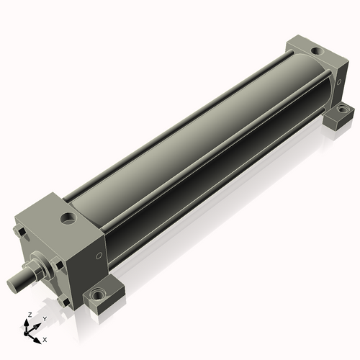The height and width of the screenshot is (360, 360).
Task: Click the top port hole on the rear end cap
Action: [315, 52]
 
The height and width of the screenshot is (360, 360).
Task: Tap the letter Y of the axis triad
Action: [45, 318]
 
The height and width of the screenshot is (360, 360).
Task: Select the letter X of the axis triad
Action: [45, 338]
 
